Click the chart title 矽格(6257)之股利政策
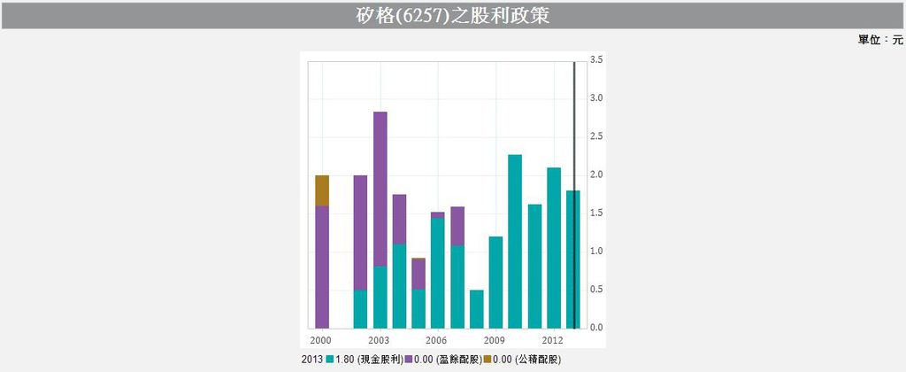tap(452, 15)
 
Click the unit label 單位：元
tap(879, 40)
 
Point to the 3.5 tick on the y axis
tap(596, 59)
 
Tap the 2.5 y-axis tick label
tap(596, 136)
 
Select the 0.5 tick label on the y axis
tap(596, 290)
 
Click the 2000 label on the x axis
tap(320, 340)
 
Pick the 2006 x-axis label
tap(436, 340)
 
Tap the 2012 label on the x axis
tap(553, 340)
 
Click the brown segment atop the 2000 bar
tap(322, 190)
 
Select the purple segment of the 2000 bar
tap(322, 266)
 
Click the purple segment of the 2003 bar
tap(380, 188)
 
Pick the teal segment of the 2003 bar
tap(380, 297)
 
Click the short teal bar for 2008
tap(476, 308)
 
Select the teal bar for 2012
tap(554, 248)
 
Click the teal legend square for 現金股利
tap(330, 359)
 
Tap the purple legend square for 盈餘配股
tap(409, 359)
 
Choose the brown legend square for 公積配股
tap(488, 359)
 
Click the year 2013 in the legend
tap(311, 359)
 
